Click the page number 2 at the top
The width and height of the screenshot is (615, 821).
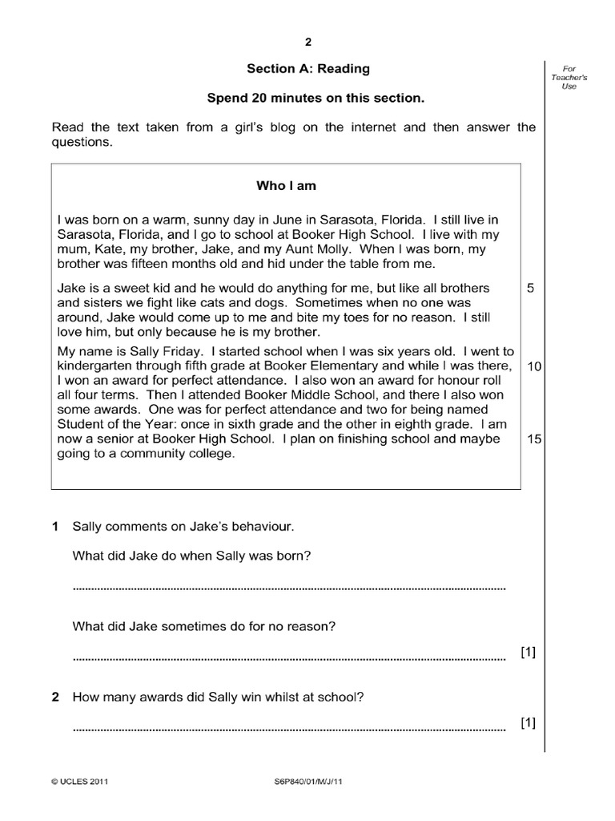(x=307, y=42)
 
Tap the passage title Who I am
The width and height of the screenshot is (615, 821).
(x=286, y=186)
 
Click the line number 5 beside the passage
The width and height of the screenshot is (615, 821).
(x=532, y=288)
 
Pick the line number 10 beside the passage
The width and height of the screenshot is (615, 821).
(x=535, y=366)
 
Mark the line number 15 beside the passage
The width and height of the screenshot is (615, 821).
(x=535, y=439)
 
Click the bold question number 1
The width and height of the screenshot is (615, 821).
(x=55, y=528)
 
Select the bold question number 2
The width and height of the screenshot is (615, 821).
(x=55, y=698)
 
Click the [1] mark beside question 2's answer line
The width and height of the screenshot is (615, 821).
(x=528, y=724)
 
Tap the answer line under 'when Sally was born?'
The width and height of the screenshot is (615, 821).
(x=289, y=588)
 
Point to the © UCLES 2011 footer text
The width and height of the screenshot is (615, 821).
(x=78, y=780)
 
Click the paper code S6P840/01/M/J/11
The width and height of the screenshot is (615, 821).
(x=307, y=780)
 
